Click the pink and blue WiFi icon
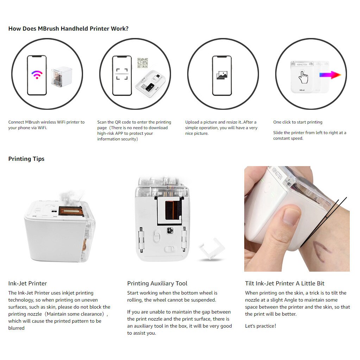click(37, 75)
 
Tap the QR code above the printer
click(143, 63)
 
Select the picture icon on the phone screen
click(222, 75)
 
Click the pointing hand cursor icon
click(303, 77)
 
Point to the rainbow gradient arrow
click(330, 75)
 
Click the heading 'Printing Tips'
click(26, 159)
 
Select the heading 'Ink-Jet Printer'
click(27, 283)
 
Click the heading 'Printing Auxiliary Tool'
click(157, 283)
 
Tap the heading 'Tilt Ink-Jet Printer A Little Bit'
click(285, 283)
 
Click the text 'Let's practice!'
click(260, 326)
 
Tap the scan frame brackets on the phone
click(122, 75)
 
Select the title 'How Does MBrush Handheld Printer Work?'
click(68, 29)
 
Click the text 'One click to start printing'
click(298, 122)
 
